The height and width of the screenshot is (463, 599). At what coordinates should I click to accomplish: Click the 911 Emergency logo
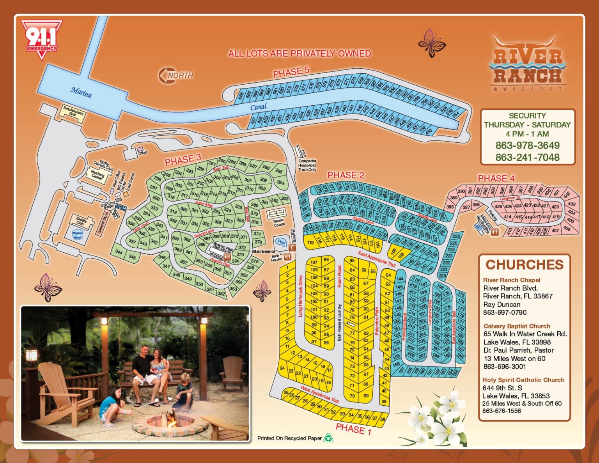point(41,40)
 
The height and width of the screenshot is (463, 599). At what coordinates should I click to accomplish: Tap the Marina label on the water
point(81,92)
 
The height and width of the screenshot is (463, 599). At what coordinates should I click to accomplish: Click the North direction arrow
point(175,75)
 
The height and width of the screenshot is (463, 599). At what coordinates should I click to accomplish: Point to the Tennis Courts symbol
point(277,214)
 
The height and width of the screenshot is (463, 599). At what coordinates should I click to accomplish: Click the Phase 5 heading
point(291,72)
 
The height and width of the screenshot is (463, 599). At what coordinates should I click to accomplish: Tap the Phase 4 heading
point(496,178)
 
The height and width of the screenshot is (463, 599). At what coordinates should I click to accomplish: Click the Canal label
point(259,106)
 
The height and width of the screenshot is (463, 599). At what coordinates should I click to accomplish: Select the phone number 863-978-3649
point(527,145)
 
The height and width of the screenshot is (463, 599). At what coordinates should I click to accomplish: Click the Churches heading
point(525,264)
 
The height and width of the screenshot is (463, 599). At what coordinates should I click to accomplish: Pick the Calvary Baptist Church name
point(517,326)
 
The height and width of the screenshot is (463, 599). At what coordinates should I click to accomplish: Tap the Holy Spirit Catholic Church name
point(523,380)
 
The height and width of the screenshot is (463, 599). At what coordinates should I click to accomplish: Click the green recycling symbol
point(328,438)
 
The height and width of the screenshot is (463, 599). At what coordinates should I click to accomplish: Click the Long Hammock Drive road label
point(301,296)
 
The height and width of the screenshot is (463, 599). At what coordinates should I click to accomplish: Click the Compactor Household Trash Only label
point(307,165)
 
